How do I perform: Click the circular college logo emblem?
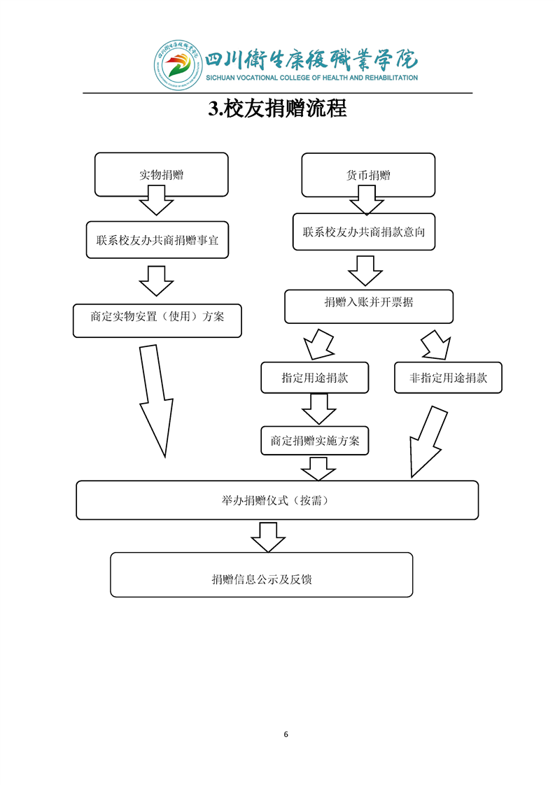click(x=175, y=66)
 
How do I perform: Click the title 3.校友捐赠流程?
click(x=278, y=109)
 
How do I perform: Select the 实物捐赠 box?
click(x=161, y=175)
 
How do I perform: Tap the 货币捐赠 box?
click(x=368, y=175)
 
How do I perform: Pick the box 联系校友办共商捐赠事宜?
click(x=157, y=240)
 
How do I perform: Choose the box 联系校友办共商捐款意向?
click(x=363, y=232)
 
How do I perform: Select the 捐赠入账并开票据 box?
click(x=368, y=302)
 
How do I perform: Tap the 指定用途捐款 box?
click(x=315, y=378)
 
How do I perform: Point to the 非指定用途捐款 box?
click(x=448, y=378)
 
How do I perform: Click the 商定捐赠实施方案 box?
click(x=315, y=441)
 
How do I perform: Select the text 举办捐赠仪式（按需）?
click(x=277, y=500)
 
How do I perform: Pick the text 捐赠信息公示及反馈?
click(x=262, y=579)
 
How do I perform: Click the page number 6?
click(x=286, y=734)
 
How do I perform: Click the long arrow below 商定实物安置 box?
click(x=155, y=399)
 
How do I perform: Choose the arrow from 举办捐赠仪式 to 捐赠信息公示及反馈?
click(x=268, y=537)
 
